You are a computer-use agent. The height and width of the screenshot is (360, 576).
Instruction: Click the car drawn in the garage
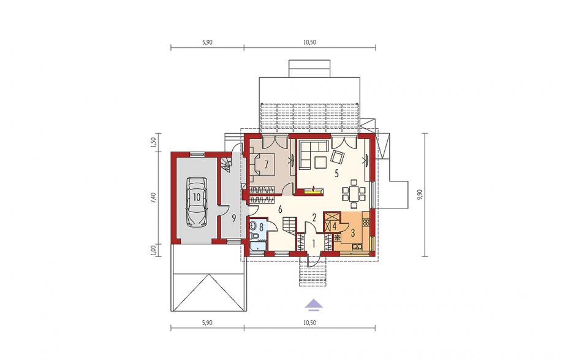(197, 202)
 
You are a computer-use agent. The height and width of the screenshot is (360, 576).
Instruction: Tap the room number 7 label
(267, 164)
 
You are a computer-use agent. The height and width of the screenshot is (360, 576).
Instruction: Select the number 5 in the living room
(336, 174)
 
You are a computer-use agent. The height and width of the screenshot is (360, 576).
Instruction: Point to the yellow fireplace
(313, 190)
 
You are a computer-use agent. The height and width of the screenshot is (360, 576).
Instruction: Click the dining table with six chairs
(354, 193)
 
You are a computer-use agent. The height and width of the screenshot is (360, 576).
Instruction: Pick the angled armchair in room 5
(337, 157)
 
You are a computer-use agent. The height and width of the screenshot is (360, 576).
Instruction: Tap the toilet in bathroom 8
(254, 236)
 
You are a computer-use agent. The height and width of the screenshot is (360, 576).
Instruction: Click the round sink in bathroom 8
(252, 224)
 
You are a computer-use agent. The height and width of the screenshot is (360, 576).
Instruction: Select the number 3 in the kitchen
(353, 233)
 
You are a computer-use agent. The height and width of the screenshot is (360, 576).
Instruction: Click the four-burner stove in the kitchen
(365, 222)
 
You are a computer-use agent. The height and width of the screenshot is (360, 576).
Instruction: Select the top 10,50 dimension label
(309, 42)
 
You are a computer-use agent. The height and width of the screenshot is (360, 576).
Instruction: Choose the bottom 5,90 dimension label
(207, 323)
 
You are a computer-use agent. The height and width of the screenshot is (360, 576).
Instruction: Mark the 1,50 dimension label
(154, 142)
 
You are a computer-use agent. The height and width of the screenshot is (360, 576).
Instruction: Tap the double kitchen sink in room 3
(357, 247)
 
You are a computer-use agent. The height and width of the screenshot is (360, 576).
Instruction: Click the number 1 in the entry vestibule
(314, 243)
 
